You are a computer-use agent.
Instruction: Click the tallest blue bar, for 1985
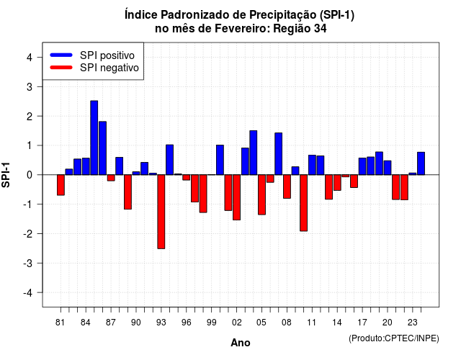[94, 138]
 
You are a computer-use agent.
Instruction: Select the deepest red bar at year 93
[161, 212]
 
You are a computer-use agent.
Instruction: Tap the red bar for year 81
[61, 185]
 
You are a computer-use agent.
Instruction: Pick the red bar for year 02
[237, 197]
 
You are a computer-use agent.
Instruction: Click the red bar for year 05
[261, 194]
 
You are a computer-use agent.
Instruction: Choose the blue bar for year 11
[312, 165]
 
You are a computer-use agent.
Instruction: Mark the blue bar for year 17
[362, 166]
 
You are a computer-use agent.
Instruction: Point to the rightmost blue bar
[421, 163]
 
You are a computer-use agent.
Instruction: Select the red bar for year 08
[287, 186]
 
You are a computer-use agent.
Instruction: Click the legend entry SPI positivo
[107, 55]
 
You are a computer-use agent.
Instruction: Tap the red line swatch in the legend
[61, 68]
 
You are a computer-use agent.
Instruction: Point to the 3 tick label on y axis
[30, 86]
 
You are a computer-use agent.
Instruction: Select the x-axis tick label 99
[211, 323]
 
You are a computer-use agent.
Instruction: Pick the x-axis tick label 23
[413, 323]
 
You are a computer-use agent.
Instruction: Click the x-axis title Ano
[241, 343]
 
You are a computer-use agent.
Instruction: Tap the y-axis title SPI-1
[6, 175]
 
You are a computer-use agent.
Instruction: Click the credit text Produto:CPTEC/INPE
[394, 338]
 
